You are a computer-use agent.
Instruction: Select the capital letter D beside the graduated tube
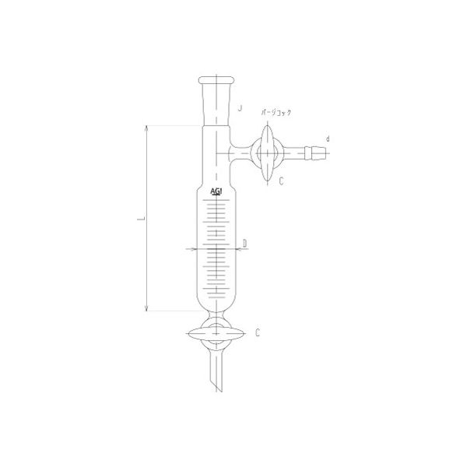tap(244, 244)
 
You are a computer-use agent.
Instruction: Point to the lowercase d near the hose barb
tap(328, 139)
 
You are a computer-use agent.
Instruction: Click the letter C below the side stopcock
tap(280, 180)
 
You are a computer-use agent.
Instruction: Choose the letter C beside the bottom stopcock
tap(255, 332)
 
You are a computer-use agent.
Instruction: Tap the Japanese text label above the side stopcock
tap(276, 113)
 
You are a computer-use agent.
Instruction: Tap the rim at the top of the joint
tap(217, 79)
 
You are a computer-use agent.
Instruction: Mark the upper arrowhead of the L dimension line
tap(146, 129)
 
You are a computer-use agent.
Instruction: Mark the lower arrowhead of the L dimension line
tap(146, 308)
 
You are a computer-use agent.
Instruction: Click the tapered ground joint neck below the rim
tap(217, 101)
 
